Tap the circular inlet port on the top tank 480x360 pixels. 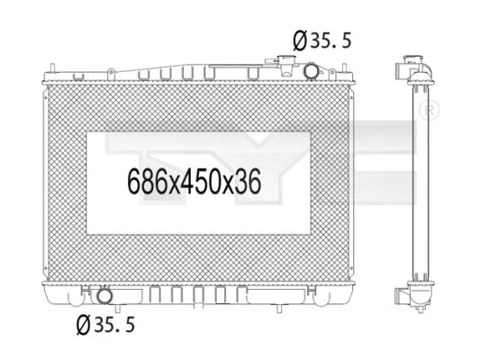(x=311, y=70)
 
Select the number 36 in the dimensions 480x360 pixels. (x=246, y=183)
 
